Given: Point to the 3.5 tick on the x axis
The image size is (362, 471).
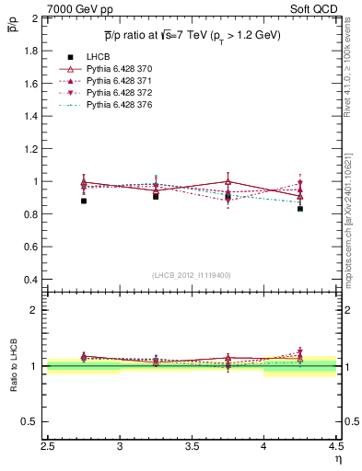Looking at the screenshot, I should (192, 449).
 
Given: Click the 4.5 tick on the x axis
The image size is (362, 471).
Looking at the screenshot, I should (335, 449).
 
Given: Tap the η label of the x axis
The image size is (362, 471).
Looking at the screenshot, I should (337, 461).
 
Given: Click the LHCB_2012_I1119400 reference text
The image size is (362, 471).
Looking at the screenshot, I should (191, 275).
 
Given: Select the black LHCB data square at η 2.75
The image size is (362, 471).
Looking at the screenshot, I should (84, 201).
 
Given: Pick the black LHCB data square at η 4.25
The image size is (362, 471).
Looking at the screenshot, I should (300, 209).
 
